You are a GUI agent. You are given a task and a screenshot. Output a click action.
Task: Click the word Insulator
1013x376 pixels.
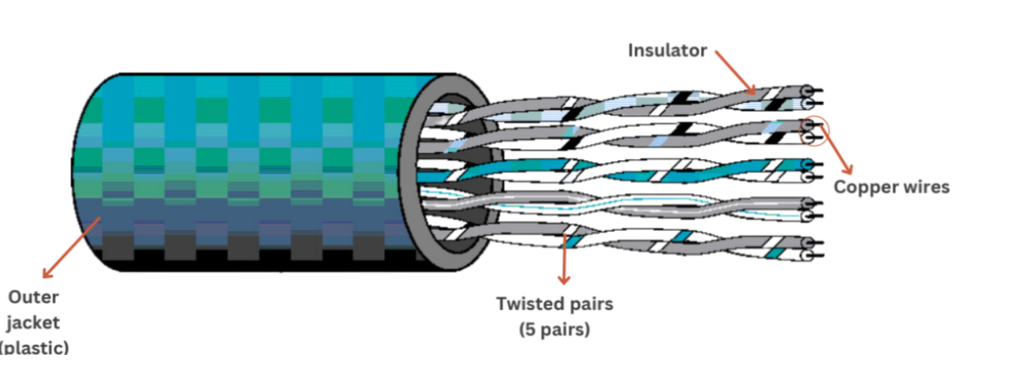click(667, 51)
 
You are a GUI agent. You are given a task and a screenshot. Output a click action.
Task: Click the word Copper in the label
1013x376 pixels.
click(864, 187)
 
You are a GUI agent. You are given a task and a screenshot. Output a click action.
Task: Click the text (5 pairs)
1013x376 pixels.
click(555, 329)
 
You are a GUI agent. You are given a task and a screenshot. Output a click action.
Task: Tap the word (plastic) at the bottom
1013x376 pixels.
click(35, 346)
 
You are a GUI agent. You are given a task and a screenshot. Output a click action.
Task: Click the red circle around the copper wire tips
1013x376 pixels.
click(812, 131)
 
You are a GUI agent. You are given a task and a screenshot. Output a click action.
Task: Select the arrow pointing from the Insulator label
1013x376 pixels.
click(735, 72)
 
